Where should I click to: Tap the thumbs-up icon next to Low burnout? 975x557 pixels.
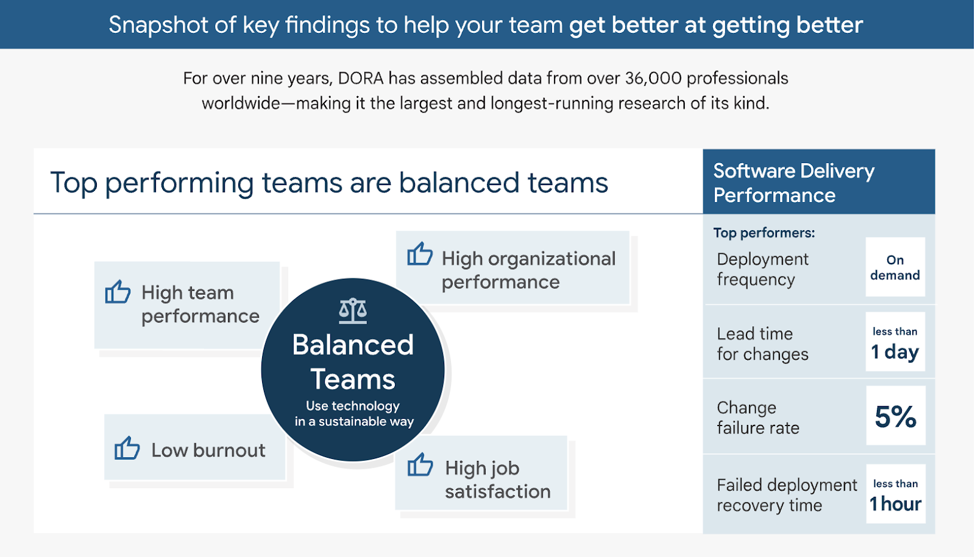tap(127, 447)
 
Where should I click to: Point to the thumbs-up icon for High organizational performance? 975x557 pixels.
tap(420, 253)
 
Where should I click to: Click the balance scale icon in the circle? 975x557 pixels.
tap(353, 310)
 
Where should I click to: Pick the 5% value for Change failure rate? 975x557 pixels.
tap(895, 416)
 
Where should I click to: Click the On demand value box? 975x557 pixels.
tap(895, 267)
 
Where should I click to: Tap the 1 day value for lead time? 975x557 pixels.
tap(895, 351)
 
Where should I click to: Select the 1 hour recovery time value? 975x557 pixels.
tap(895, 503)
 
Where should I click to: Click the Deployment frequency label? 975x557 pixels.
tap(762, 269)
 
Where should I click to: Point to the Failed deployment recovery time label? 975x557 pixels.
tap(787, 495)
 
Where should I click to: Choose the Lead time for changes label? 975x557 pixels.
tap(762, 344)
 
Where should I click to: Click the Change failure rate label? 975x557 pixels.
tap(758, 418)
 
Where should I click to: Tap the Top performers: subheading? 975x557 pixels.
tap(764, 233)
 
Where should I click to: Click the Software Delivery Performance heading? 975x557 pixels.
tap(793, 183)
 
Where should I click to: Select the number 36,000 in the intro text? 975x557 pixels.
tap(653, 79)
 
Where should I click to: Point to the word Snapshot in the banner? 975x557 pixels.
tap(158, 25)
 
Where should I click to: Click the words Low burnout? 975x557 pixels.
tap(208, 450)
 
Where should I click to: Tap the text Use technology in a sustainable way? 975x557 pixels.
tap(353, 413)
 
